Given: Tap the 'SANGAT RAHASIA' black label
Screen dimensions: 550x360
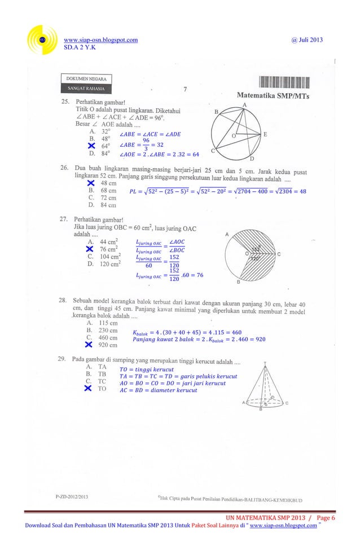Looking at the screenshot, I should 86,89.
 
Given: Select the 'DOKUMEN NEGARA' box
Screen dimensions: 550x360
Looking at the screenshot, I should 86,78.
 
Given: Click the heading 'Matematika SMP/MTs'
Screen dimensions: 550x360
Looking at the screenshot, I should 276,96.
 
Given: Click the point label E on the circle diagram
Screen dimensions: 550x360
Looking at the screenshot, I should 265,134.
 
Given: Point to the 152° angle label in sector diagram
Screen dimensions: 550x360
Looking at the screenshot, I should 256,249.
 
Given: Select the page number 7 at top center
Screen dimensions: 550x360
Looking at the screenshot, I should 185,88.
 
